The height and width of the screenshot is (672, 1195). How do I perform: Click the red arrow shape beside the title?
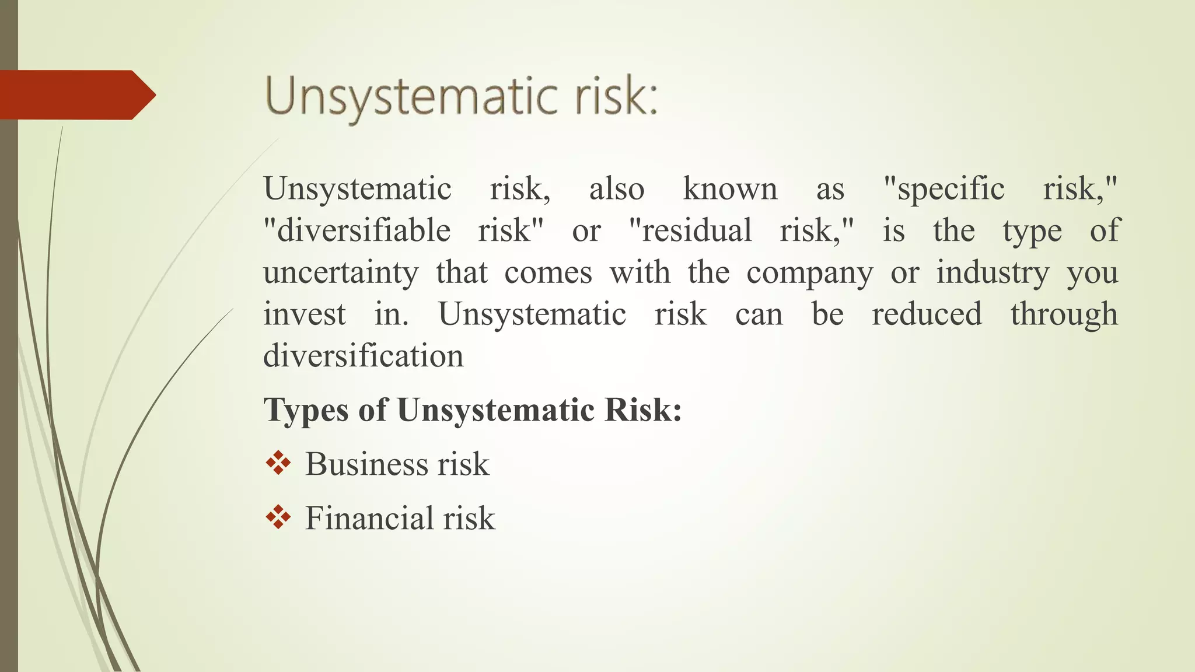click(x=76, y=95)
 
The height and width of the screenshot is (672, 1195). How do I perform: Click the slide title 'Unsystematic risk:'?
click(x=461, y=96)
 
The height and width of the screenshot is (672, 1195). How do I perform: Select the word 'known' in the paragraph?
click(x=730, y=189)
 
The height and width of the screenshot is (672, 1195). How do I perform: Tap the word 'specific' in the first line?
click(x=951, y=189)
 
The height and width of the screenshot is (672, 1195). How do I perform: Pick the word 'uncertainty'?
click(x=341, y=272)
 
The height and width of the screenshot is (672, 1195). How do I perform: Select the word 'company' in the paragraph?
click(x=809, y=272)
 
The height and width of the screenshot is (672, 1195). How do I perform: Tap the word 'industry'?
click(x=993, y=272)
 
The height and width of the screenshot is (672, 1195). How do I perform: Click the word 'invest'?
click(x=304, y=314)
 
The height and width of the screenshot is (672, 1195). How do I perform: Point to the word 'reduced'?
click(x=927, y=314)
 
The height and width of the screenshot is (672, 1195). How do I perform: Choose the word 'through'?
click(x=1064, y=314)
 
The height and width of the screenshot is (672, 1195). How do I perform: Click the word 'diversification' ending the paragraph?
click(x=363, y=356)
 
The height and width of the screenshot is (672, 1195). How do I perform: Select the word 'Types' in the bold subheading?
click(x=306, y=410)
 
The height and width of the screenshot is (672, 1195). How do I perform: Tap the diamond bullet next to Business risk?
click(x=278, y=463)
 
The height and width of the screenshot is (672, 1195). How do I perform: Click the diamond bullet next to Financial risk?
click(x=278, y=517)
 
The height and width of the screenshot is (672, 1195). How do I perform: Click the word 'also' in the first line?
click(x=616, y=189)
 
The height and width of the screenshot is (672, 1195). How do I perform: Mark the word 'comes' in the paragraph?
click(x=548, y=272)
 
